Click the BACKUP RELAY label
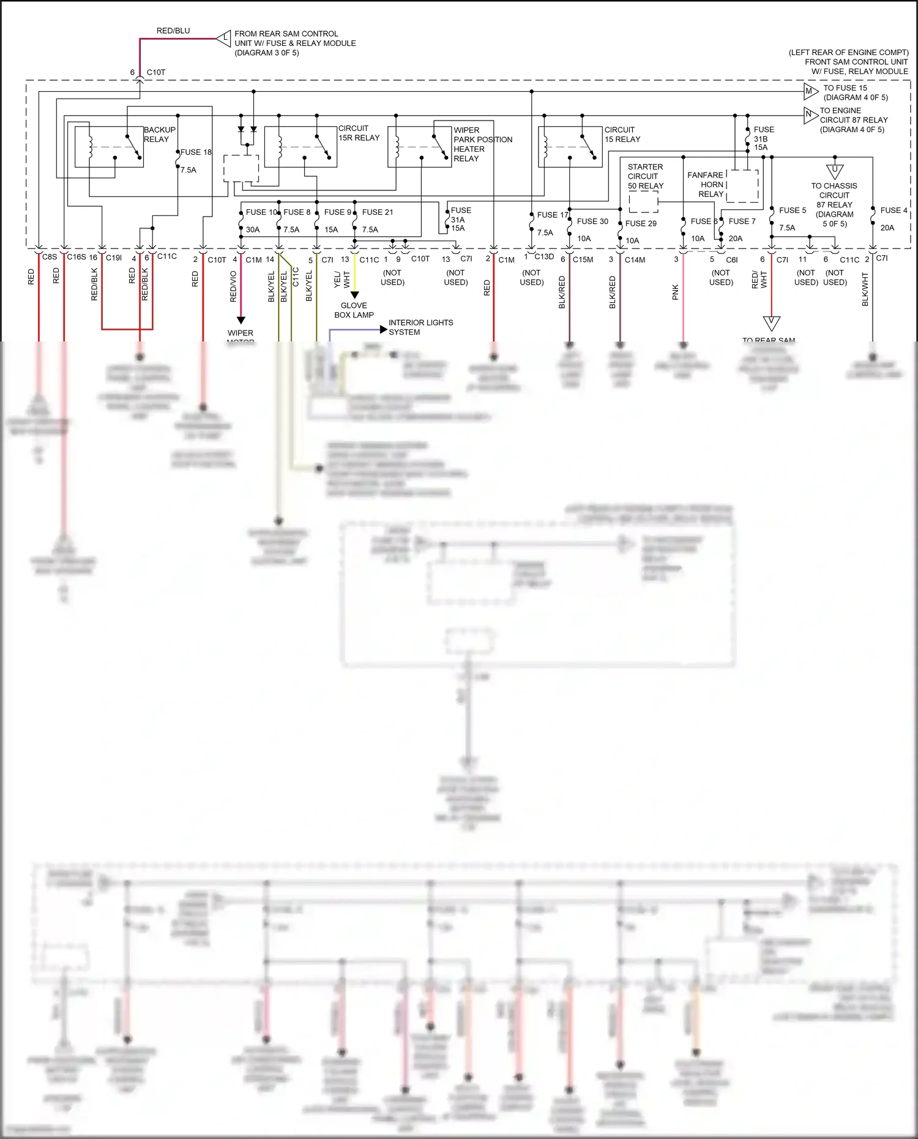tap(159, 135)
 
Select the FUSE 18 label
tap(196, 152)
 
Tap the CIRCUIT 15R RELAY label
tap(359, 133)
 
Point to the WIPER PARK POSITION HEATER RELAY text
tap(482, 144)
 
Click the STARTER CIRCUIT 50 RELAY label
tap(645, 176)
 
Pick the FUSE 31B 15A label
tap(763, 138)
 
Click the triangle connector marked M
tap(810, 92)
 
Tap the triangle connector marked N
tap(810, 114)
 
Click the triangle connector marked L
tap(225, 38)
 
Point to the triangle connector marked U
tap(834, 171)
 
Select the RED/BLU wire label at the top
tap(173, 31)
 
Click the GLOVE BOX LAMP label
tap(354, 310)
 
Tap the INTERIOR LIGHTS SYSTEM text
tap(420, 327)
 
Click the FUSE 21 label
tap(377, 212)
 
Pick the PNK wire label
tap(676, 292)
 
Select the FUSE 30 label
tap(592, 222)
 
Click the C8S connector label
tap(50, 257)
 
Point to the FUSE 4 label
tap(894, 211)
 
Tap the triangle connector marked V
tap(771, 323)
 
